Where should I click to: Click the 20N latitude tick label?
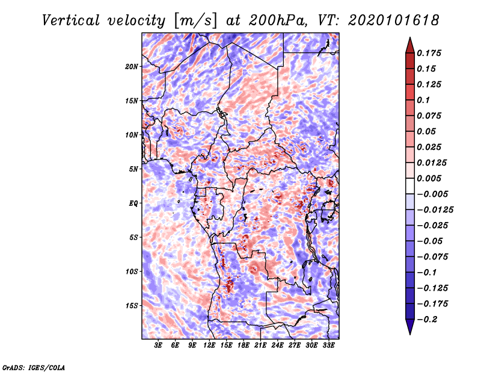(132, 66)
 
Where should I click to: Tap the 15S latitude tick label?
(132, 306)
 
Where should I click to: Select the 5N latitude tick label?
(133, 169)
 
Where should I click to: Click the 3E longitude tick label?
(159, 346)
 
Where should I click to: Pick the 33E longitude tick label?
(329, 346)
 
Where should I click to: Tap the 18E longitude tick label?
(244, 346)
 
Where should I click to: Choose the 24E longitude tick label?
(278, 346)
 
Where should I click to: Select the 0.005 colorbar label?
(430, 178)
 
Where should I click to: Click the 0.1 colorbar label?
(424, 100)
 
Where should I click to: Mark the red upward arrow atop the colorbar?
(409, 43)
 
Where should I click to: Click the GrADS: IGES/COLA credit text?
(34, 367)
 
